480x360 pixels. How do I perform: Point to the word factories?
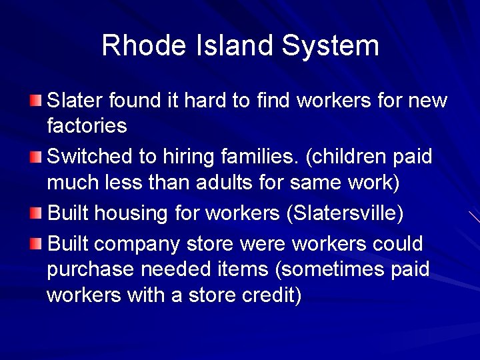87,125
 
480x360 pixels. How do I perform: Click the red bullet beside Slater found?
35,101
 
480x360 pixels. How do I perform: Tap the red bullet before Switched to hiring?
35,157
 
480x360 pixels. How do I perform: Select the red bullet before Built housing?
35,213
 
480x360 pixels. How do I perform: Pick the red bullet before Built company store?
35,245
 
